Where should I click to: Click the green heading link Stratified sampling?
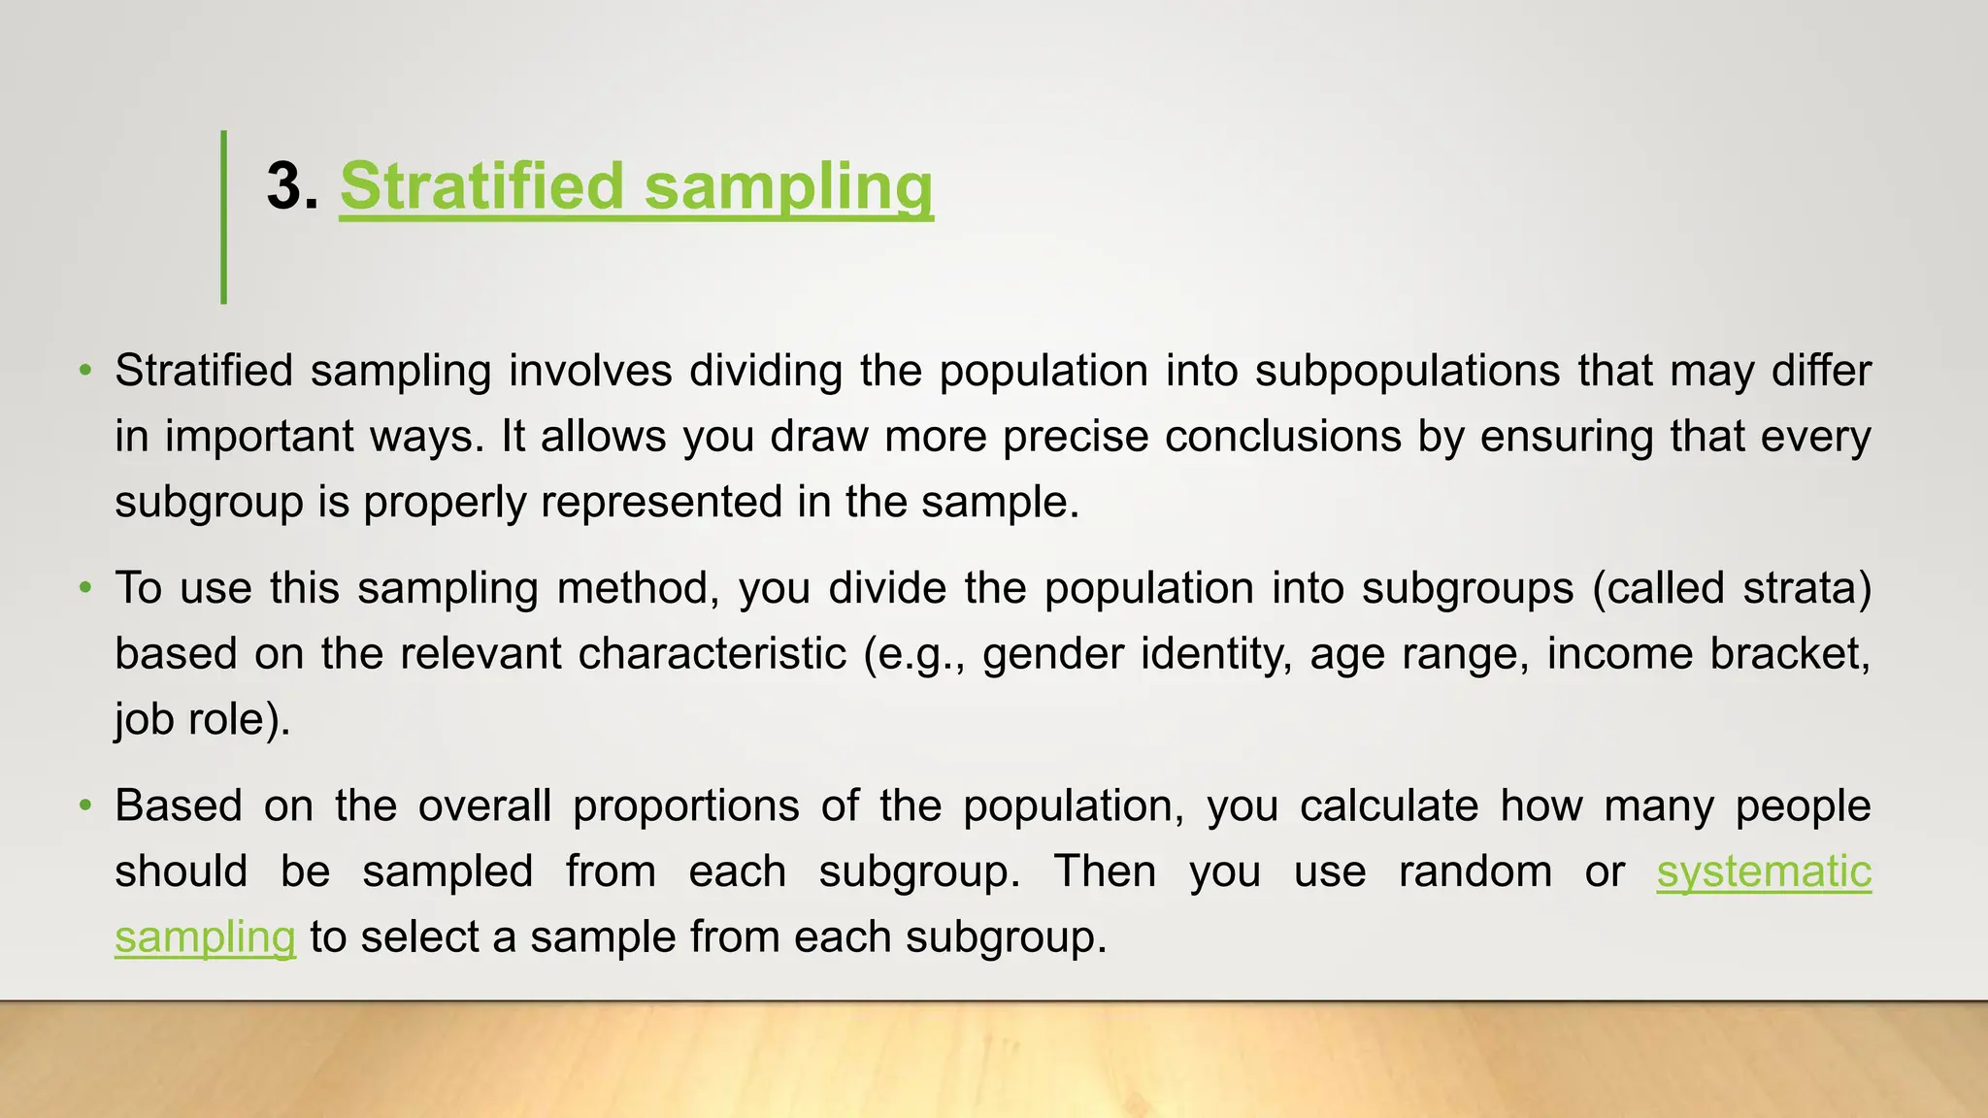[x=636, y=186]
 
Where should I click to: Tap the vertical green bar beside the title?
[x=224, y=216]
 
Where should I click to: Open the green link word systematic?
[x=1764, y=871]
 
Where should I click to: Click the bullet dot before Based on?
[x=86, y=806]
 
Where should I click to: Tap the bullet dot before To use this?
[x=86, y=588]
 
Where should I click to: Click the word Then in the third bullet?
[x=1105, y=871]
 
